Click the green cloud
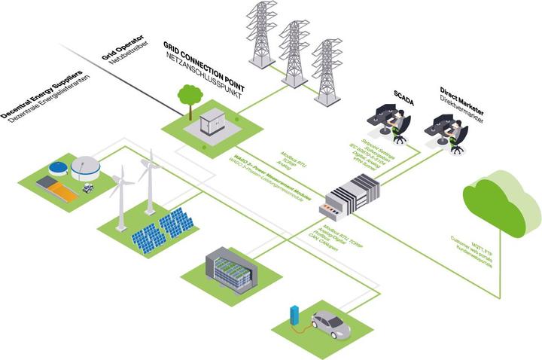(500, 203)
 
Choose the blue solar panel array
(162, 228)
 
